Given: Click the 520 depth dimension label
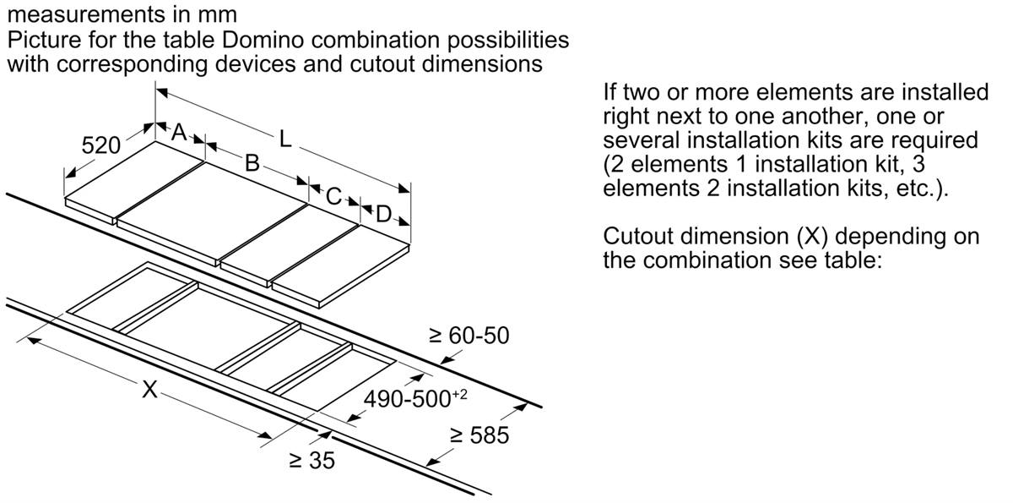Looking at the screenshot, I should [100, 145].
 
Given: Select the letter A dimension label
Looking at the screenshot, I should [179, 133].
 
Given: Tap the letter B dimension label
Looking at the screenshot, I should [252, 163].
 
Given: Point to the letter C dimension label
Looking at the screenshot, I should [334, 197].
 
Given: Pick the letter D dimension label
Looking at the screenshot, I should [384, 214].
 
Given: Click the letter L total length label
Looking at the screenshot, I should [285, 139].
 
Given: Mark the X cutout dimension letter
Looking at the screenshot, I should [149, 390].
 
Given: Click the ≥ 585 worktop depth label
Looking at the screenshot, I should [479, 435].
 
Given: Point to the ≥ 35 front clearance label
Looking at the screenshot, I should [311, 461].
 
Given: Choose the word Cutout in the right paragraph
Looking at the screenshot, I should [640, 236].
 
